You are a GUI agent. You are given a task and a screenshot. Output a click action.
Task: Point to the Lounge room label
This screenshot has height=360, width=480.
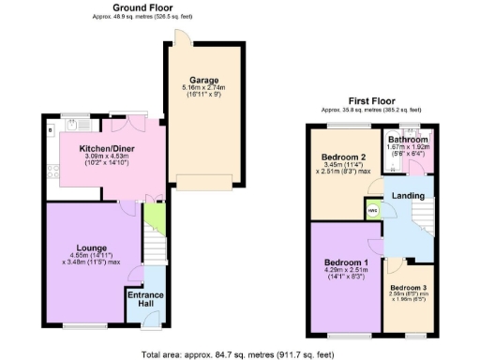coord(91,247)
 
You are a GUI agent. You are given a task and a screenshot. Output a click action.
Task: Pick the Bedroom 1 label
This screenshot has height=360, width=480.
coord(345,262)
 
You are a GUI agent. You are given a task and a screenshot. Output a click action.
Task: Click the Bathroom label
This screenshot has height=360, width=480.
coord(408,140)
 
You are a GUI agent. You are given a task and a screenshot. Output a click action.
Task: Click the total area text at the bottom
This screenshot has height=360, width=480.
coord(239,354)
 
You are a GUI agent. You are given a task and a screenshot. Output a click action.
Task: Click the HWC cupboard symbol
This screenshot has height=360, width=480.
coord(373,210)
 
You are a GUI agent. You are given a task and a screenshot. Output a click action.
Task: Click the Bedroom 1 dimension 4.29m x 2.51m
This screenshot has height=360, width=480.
coord(345,272)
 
